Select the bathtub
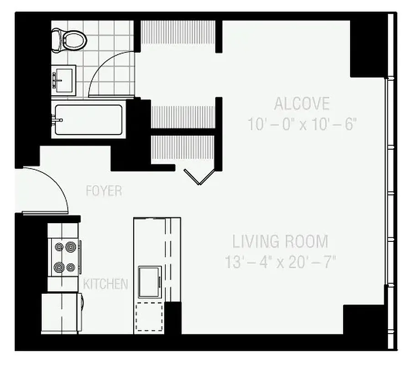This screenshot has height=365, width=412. (88, 120)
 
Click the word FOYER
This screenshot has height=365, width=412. (104, 191)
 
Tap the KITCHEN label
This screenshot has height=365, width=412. (105, 284)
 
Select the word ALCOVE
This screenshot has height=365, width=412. (301, 104)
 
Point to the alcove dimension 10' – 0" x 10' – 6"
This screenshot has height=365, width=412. (301, 124)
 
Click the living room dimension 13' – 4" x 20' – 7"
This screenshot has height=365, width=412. (280, 262)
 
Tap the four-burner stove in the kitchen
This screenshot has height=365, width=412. (65, 257)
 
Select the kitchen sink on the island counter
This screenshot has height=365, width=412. (149, 282)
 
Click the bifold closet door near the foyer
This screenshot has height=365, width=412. (199, 176)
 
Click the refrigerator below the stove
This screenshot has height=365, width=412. (62, 313)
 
